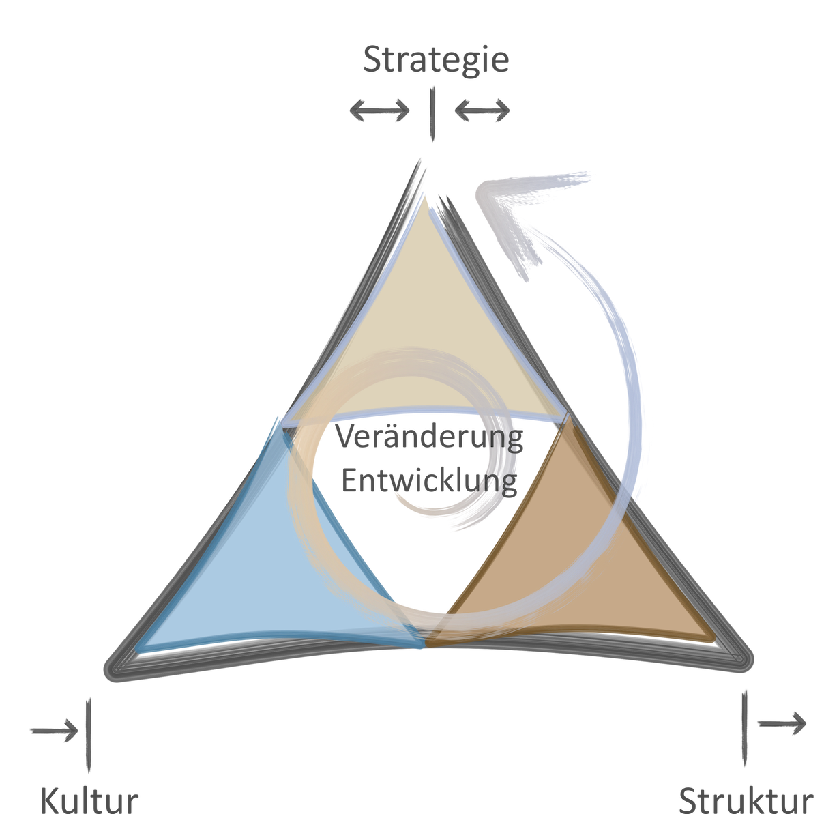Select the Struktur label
click(747, 800)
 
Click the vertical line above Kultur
click(89, 737)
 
